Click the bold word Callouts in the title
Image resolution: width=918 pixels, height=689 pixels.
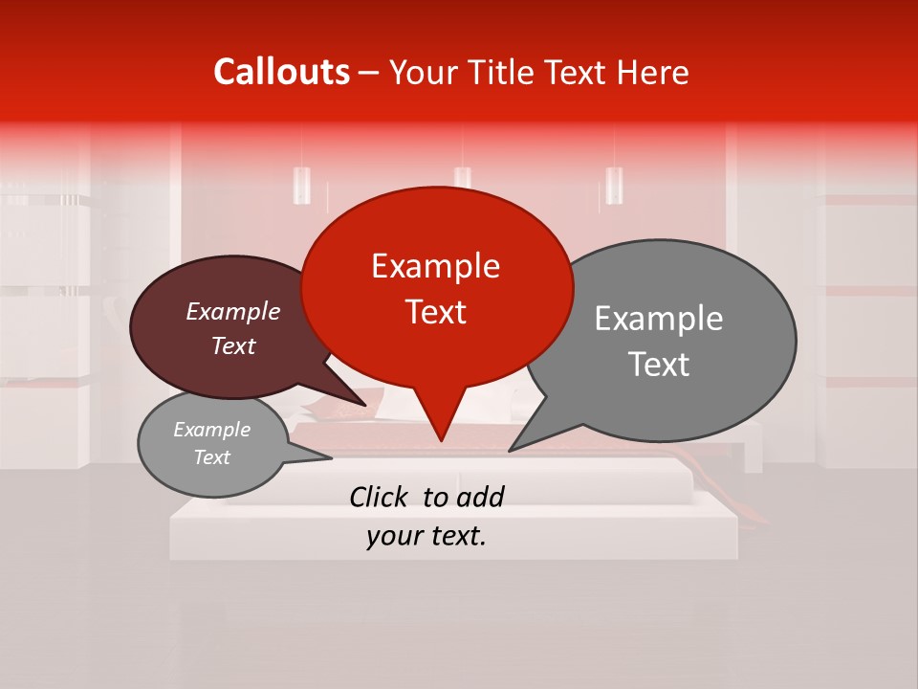281,72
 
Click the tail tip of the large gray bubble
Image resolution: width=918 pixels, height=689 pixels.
510,450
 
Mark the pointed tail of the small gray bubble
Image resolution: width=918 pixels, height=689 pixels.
330,458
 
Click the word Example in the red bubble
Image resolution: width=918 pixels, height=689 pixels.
435,266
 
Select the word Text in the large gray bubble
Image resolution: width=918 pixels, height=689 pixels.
660,364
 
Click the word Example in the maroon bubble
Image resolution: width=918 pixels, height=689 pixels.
233,311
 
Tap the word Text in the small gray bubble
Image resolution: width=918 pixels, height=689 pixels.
212,457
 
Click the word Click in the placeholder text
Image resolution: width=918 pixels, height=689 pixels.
382,497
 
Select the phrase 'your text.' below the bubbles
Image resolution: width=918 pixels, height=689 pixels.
426,536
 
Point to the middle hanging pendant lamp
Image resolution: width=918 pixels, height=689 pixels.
463,178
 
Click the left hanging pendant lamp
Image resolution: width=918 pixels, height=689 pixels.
302,185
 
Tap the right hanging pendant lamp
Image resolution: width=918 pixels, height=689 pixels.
614,185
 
